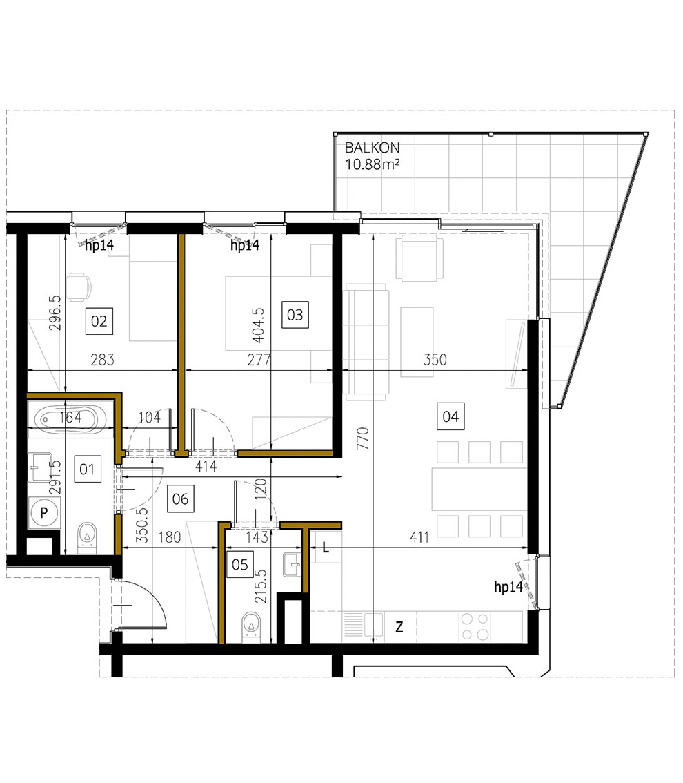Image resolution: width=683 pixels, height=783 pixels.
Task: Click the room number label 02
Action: (x=99, y=321)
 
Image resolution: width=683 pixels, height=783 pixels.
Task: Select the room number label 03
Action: (x=295, y=316)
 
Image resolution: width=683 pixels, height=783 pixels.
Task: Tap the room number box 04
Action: (x=451, y=416)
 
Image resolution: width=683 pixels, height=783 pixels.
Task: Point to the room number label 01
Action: (x=87, y=470)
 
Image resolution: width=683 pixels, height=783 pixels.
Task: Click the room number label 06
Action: (x=180, y=498)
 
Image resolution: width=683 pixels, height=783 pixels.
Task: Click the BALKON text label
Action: (x=373, y=148)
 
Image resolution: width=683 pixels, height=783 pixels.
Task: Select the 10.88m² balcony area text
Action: (x=373, y=164)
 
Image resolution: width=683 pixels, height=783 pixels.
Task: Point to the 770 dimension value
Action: (x=364, y=439)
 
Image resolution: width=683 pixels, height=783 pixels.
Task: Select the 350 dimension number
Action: (x=435, y=360)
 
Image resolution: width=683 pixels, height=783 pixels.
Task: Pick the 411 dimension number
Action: (x=418, y=537)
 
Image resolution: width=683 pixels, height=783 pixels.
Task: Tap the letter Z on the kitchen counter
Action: (x=399, y=627)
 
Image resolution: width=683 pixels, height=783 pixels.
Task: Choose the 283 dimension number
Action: (x=101, y=360)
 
